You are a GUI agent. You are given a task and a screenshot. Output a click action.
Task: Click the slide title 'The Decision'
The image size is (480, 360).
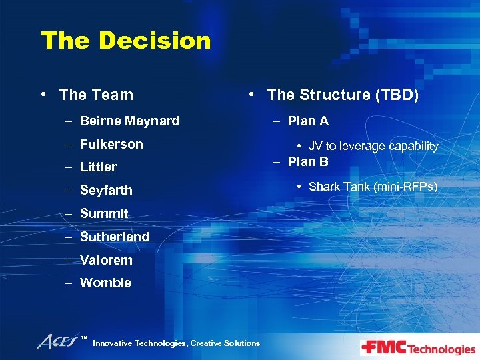125,41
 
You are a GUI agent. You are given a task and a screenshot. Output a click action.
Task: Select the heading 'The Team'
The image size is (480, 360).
96,95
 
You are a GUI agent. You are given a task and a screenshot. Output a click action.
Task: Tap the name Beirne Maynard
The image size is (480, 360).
129,121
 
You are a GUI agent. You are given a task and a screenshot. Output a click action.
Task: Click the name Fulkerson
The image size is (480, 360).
111,144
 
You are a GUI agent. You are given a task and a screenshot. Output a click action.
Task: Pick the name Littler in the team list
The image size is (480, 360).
98,167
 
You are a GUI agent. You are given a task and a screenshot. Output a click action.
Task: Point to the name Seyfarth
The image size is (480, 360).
106,191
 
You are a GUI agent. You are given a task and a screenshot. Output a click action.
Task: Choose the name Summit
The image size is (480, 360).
103,214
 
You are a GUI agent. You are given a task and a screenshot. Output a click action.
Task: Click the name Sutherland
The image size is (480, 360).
114,237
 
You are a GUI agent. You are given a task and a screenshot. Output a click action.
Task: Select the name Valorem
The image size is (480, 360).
106,260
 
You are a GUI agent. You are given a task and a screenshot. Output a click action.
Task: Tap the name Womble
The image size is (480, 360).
105,283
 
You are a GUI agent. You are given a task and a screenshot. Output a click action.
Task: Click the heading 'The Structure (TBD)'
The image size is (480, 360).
343,95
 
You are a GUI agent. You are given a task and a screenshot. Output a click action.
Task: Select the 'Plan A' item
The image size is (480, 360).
308,121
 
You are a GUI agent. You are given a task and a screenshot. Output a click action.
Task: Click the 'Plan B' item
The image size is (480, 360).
308,162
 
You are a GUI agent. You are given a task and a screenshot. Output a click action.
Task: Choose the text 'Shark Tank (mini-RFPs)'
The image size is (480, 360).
373,187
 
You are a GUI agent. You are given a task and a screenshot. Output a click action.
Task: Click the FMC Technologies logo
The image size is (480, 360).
418,348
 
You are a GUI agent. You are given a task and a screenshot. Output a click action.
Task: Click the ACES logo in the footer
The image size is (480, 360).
59,342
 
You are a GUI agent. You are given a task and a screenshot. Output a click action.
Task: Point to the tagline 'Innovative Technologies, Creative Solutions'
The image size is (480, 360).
177,343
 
